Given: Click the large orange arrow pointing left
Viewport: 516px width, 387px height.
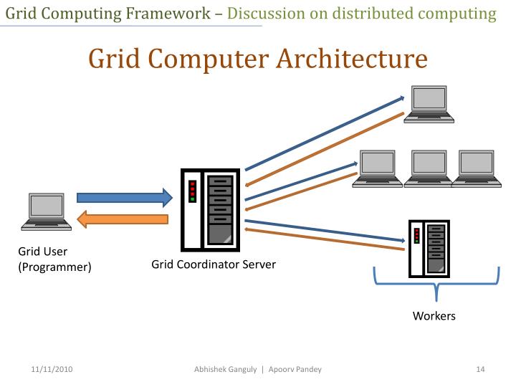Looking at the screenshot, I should [123, 219].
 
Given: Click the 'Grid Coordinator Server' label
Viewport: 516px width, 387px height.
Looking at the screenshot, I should [214, 264].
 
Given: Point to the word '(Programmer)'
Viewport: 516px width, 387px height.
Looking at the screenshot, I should [54, 267].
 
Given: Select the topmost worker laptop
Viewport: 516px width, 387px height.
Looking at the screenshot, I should [428, 102].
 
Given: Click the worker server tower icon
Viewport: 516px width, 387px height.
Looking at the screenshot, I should [427, 248].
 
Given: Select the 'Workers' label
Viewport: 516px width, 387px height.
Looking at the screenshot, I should [434, 316].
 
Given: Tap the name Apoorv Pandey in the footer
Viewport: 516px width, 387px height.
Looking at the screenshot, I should [295, 369].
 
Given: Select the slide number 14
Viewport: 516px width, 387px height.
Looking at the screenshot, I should [481, 369].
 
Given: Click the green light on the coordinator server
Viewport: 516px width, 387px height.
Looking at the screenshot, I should [192, 199].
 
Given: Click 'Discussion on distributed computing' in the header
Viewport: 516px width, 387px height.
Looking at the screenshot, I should [362, 13].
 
